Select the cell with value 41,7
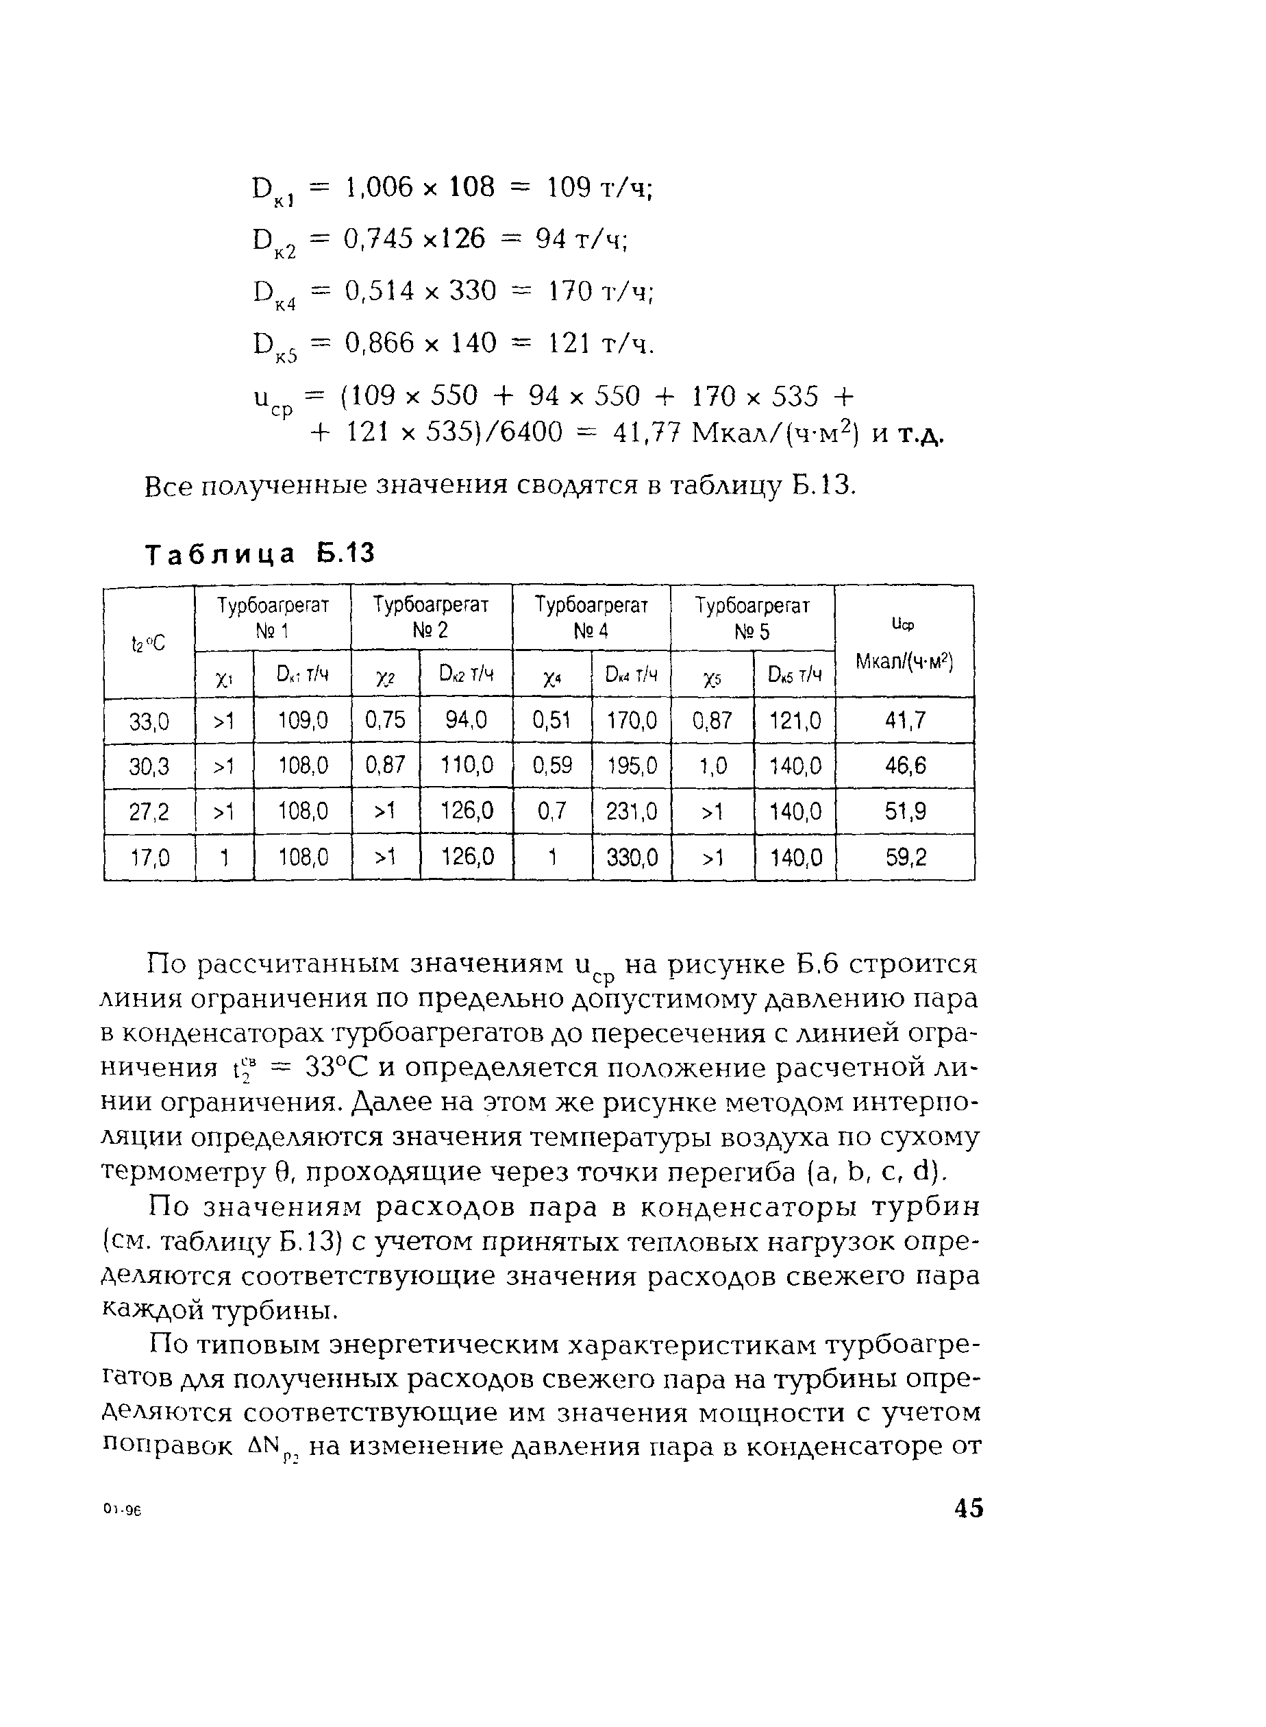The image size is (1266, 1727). (x=905, y=720)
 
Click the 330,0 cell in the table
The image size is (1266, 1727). (x=632, y=857)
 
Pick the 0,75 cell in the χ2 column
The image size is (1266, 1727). (x=386, y=720)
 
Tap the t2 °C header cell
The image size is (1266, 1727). (x=149, y=643)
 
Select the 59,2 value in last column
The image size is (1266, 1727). (x=905, y=857)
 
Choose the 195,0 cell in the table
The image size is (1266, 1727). (x=631, y=765)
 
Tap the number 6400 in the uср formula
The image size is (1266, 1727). (x=524, y=433)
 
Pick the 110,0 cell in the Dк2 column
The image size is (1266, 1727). (x=466, y=765)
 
